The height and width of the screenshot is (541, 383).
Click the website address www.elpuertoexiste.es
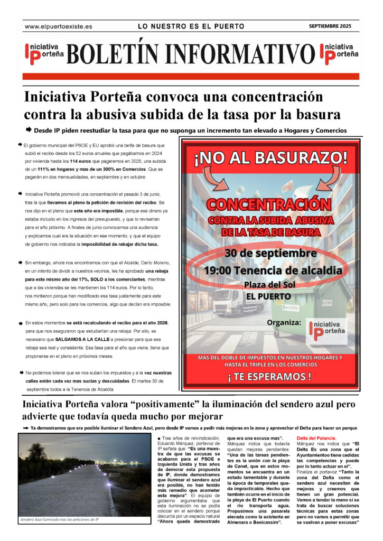click(x=59, y=26)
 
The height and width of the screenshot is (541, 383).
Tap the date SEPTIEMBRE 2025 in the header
click(x=330, y=26)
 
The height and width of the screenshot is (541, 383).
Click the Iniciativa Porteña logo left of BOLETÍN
click(x=44, y=53)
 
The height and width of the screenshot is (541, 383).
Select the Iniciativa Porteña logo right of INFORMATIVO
click(x=339, y=53)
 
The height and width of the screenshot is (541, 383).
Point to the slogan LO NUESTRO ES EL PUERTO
click(x=191, y=26)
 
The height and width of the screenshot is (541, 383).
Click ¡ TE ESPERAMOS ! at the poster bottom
click(x=270, y=377)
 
